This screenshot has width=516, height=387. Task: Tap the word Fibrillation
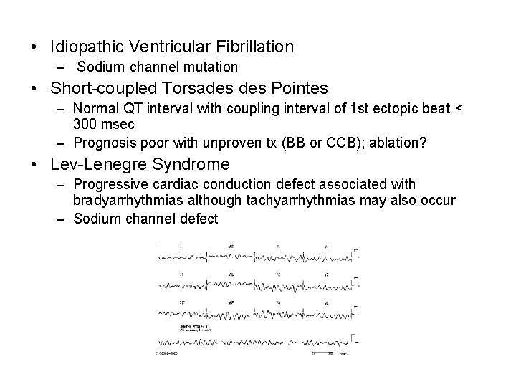(251, 47)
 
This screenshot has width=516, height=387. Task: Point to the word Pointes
(300, 89)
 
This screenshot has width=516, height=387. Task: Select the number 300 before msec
(85, 123)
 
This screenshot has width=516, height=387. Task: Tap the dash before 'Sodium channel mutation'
(62, 67)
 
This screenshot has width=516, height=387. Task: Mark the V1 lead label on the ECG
(278, 246)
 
